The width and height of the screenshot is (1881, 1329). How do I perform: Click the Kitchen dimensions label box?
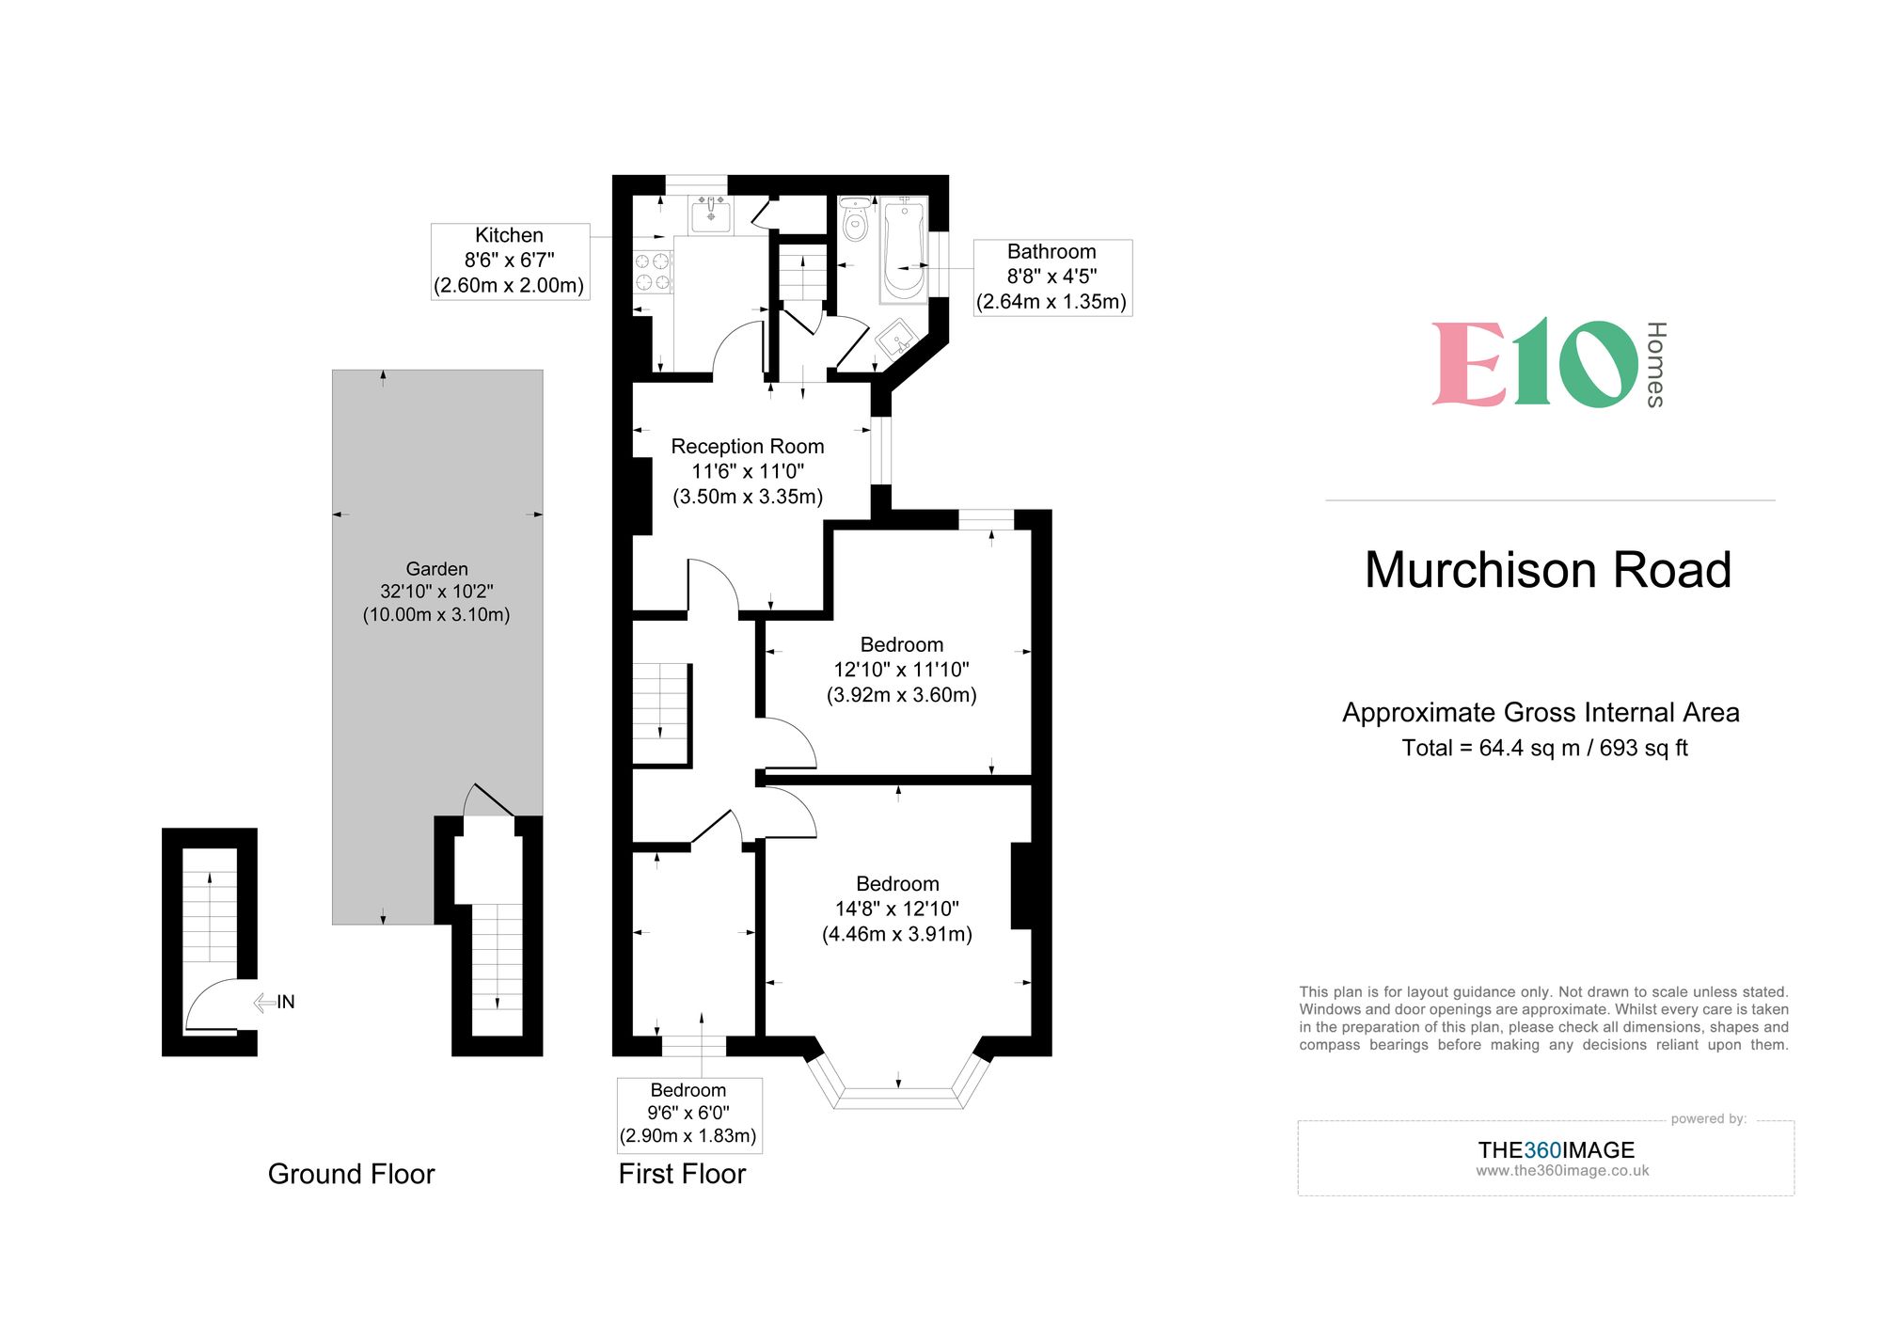click(510, 261)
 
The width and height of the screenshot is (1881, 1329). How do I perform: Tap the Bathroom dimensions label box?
click(1051, 277)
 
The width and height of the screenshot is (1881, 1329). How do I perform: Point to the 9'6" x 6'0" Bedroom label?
click(688, 1114)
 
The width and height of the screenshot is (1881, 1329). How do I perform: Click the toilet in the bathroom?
click(855, 220)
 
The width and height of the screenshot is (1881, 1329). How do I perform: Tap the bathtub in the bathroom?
click(904, 249)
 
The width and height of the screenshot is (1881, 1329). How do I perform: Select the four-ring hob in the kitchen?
click(653, 272)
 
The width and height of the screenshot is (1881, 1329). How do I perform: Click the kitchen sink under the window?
click(711, 215)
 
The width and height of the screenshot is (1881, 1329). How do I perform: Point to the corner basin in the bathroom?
click(896, 339)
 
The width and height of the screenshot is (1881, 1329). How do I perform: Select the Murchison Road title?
click(1548, 570)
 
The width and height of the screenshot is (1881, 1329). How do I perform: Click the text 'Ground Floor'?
click(351, 1174)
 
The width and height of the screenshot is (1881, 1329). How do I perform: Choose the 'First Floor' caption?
click(682, 1174)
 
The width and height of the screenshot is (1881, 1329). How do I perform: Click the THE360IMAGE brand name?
click(1556, 1149)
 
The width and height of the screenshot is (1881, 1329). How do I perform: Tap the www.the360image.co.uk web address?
click(1562, 1171)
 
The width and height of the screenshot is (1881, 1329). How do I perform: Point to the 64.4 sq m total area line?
click(1544, 749)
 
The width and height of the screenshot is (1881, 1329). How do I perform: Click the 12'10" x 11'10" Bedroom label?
click(901, 670)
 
